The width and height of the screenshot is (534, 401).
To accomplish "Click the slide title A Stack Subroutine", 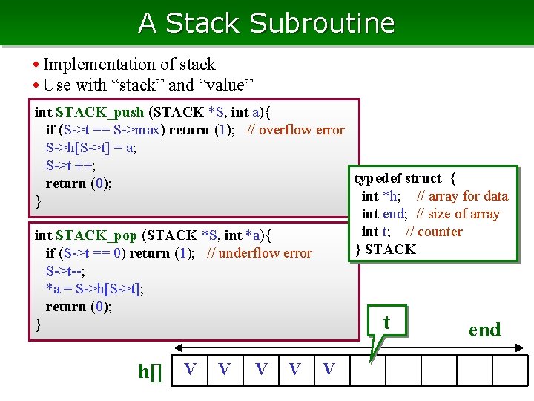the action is tap(266, 23).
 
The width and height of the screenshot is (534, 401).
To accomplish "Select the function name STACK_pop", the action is tap(96, 235).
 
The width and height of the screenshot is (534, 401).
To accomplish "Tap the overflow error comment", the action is tap(296, 130).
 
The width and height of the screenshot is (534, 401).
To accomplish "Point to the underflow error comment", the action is tap(260, 253).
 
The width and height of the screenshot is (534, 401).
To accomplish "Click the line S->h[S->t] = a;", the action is tap(90, 148).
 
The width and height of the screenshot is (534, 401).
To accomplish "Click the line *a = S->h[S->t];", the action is tap(95, 289).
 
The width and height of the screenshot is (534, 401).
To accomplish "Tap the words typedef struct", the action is tap(398, 178).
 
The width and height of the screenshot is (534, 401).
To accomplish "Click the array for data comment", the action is tap(462, 196).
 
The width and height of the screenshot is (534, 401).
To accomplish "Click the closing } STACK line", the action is tap(386, 250).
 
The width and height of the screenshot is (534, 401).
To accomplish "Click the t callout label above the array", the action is tap(386, 322).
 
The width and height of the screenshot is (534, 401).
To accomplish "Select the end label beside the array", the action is tap(484, 330).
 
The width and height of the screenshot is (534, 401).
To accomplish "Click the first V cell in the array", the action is tap(191, 369).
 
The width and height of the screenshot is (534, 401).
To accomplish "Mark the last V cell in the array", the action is tap(329, 369).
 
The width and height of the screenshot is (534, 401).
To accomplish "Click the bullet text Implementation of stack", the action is tap(129, 65).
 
